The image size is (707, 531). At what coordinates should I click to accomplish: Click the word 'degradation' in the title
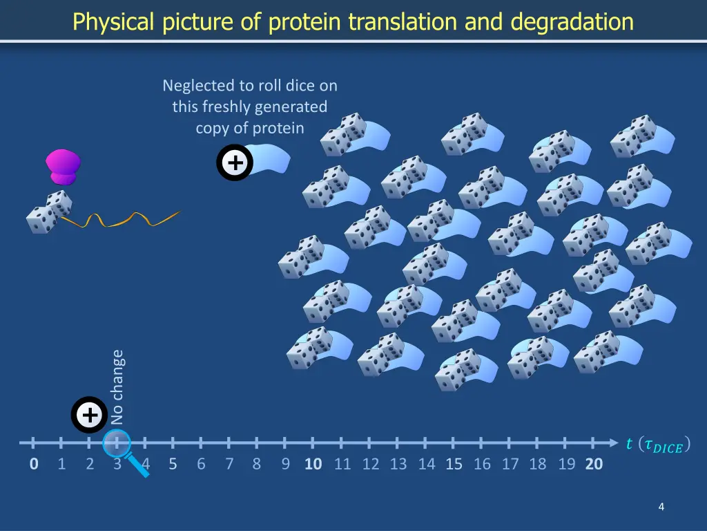click(x=572, y=22)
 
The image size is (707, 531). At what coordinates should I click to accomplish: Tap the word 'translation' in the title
click(x=402, y=22)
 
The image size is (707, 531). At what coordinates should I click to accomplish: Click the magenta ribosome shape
click(x=63, y=167)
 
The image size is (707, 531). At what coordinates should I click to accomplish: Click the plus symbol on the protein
click(x=235, y=164)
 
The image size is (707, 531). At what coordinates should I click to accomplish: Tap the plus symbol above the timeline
click(x=89, y=416)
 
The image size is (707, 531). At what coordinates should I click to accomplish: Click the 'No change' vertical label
click(x=117, y=387)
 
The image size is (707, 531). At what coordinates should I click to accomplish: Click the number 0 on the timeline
click(x=34, y=464)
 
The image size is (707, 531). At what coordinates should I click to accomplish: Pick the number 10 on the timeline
click(x=313, y=464)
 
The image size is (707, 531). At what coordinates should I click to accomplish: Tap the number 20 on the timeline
click(x=594, y=464)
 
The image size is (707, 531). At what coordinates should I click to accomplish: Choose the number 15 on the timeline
click(x=454, y=464)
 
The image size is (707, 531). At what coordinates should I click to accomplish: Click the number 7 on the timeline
click(x=229, y=464)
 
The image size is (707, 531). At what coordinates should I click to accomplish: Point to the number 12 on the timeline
click(x=371, y=464)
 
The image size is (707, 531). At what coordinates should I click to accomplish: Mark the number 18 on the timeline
click(x=538, y=464)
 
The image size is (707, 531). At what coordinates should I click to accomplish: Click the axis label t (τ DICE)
click(x=657, y=445)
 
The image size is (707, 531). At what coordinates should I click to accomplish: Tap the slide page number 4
click(x=661, y=507)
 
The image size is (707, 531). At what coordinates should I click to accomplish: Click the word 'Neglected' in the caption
click(x=199, y=86)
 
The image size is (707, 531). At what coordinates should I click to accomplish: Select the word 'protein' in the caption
click(x=278, y=128)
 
